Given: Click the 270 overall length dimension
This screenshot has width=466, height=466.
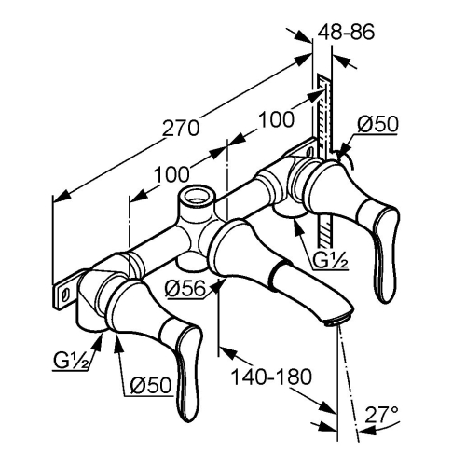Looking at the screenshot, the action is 181,128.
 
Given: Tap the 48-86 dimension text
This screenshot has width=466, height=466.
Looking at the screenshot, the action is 346,32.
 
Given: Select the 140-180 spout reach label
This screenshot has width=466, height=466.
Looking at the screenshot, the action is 271,377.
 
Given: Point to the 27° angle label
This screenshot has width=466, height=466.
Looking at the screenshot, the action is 381,415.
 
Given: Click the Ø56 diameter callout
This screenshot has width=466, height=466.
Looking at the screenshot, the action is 185,289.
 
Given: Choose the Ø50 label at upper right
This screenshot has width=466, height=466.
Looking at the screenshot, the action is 377,124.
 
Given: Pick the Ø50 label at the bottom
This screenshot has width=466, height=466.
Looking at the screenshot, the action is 151,385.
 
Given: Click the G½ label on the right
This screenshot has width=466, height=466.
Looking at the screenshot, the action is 330,261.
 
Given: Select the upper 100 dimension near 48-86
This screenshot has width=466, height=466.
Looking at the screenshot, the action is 276,119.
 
